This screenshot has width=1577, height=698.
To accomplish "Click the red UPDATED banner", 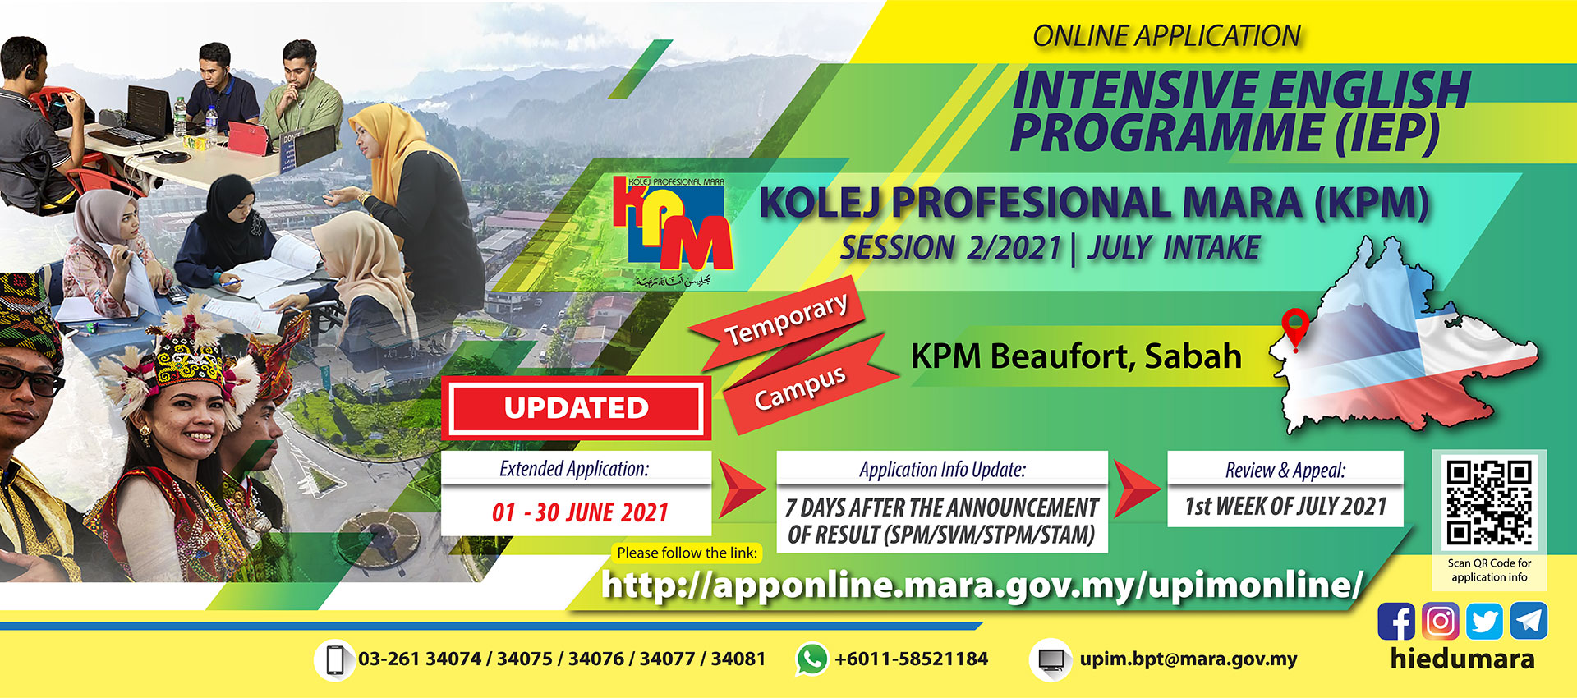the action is tap(577, 408).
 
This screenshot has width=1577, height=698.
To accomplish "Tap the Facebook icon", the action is tap(1396, 622).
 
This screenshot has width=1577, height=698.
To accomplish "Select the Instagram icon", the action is tap(1441, 622).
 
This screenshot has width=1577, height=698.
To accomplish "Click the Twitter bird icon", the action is tap(1484, 622).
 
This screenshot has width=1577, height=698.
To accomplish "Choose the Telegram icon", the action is tap(1529, 622).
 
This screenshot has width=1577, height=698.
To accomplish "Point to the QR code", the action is tap(1489, 502).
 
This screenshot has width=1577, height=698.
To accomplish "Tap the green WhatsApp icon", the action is tap(811, 659).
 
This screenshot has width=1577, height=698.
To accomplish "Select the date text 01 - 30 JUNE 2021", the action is tap(580, 513).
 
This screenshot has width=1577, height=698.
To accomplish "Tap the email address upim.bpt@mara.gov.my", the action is tap(1188, 659).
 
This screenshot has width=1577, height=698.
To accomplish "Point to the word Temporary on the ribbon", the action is tap(786, 320).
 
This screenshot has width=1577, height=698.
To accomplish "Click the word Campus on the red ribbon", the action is tap(800, 388).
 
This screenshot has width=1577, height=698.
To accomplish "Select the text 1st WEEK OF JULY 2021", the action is tap(1285, 507).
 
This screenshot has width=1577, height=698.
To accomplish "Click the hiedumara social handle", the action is tap(1463, 659).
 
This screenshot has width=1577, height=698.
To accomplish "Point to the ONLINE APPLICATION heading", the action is tap(1166, 36).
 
